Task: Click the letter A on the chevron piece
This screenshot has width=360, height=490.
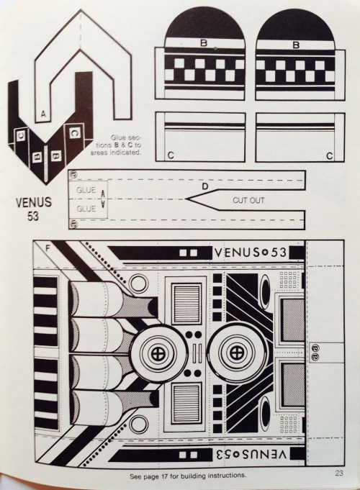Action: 45,114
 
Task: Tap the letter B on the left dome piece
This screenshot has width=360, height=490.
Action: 204,44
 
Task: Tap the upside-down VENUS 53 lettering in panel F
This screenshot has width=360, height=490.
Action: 249,454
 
